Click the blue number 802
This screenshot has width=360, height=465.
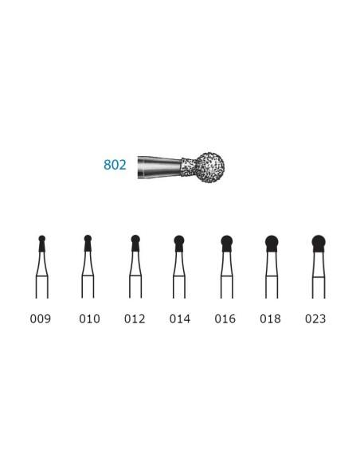(115, 166)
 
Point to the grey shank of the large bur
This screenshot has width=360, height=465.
(159, 166)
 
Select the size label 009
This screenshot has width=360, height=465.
(41, 318)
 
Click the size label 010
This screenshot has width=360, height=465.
(89, 318)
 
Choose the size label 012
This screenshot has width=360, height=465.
(135, 318)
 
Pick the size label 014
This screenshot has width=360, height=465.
(180, 318)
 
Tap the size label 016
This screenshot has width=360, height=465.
(225, 318)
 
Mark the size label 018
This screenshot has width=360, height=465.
(271, 318)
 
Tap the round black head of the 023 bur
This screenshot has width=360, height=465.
(318, 241)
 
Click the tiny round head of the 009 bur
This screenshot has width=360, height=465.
(42, 239)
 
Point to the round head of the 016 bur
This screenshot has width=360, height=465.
(226, 240)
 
